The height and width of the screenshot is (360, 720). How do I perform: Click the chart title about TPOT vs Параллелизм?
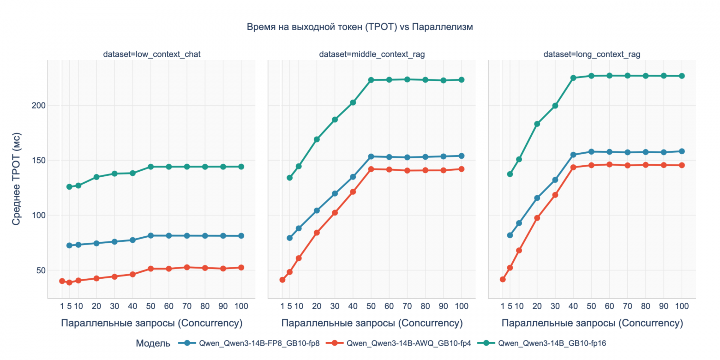click(x=360, y=27)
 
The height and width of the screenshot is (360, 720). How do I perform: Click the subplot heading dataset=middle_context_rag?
click(x=372, y=54)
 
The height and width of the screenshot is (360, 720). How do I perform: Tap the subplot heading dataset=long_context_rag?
click(x=592, y=54)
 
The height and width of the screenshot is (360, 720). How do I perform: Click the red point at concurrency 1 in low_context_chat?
click(x=62, y=281)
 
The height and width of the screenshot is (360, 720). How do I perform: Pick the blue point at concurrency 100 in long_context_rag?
click(x=682, y=151)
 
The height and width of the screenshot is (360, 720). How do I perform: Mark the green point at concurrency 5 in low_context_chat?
click(x=69, y=187)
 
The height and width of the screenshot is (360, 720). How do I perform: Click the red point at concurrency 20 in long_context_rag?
click(x=537, y=218)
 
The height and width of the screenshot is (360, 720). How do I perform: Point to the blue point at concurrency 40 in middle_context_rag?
click(x=353, y=177)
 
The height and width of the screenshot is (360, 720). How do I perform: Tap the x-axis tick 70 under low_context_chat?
click(x=186, y=306)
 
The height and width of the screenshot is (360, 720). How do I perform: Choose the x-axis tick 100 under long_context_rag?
click(x=682, y=306)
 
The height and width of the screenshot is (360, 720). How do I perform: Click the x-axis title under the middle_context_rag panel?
click(x=372, y=323)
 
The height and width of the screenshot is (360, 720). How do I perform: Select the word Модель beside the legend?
click(x=153, y=343)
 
